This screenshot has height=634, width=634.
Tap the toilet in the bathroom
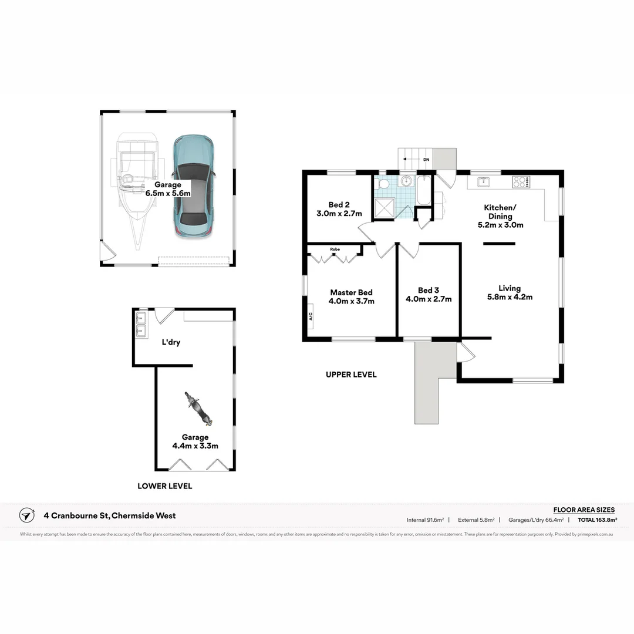pos(383,184)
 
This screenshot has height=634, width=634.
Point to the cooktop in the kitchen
pos(521,182)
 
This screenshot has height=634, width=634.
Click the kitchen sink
pos(484,181)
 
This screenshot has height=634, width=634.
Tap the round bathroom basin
pos(407,181)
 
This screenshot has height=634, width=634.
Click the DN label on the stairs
pos(426,159)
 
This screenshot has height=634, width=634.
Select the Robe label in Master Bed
pos(335,249)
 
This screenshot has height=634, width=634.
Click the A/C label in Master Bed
pos(311,317)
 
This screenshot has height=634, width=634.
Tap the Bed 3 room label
pos(429,290)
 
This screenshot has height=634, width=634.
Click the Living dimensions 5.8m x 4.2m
pos(510,297)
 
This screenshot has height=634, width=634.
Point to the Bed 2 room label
pos(339,205)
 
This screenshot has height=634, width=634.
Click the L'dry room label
pos(171,342)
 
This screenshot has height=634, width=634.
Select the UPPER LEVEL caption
pos(351,375)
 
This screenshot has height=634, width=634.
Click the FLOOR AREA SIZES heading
pos(584,510)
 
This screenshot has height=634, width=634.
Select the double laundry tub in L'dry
pos(141,325)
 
